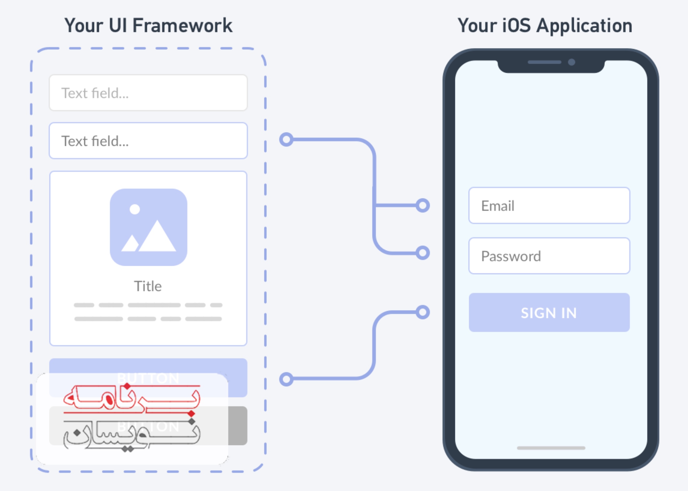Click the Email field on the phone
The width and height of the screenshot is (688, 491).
pyautogui.click(x=549, y=206)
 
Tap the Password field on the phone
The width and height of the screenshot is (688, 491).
pyautogui.click(x=549, y=256)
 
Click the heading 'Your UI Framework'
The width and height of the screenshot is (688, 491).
pyautogui.click(x=148, y=25)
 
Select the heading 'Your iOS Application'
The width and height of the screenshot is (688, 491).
pyautogui.click(x=545, y=25)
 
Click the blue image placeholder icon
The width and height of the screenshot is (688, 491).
pyautogui.click(x=149, y=227)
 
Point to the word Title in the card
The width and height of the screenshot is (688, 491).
pyautogui.click(x=148, y=286)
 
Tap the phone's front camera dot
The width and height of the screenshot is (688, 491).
pyautogui.click(x=571, y=62)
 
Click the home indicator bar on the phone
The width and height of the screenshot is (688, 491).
pyautogui.click(x=551, y=448)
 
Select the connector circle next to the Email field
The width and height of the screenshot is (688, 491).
pyautogui.click(x=422, y=206)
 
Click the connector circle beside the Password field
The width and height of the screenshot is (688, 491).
pyautogui.click(x=422, y=253)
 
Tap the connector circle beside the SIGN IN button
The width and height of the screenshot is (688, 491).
pyautogui.click(x=422, y=312)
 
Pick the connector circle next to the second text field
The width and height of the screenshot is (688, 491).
pyautogui.click(x=286, y=139)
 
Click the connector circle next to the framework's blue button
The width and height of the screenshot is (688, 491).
pyautogui.click(x=286, y=379)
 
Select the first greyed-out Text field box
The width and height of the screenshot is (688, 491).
pyautogui.click(x=148, y=93)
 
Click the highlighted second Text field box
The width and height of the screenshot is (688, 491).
pyautogui.click(x=148, y=141)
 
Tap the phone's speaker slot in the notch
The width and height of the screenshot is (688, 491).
pyautogui.click(x=544, y=62)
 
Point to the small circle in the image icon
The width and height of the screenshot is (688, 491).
pyautogui.click(x=135, y=209)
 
